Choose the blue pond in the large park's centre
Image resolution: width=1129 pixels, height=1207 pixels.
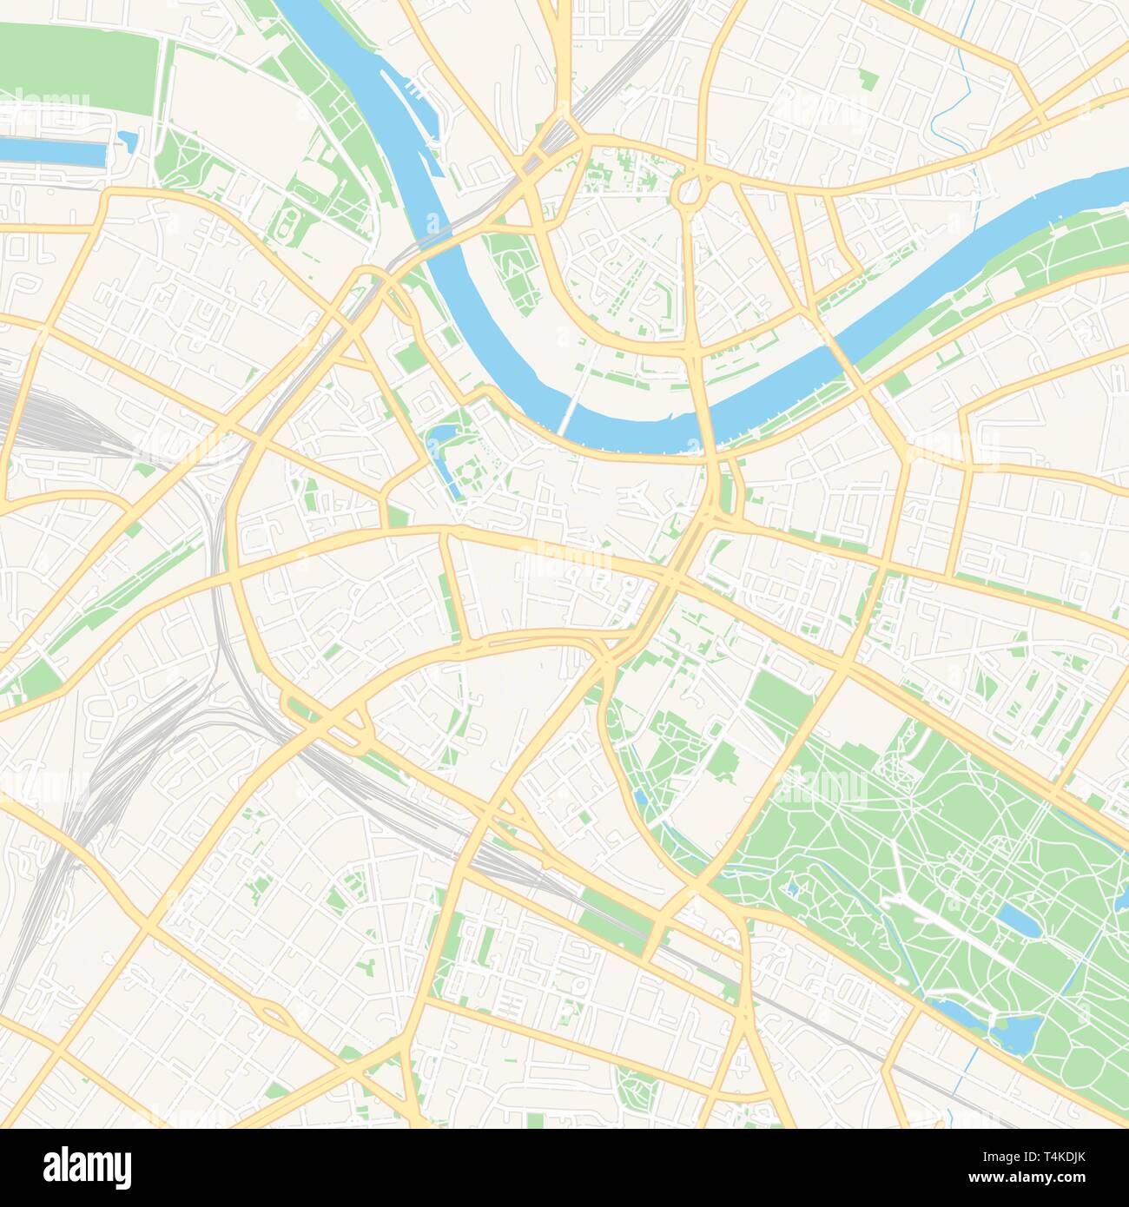pos(1017,920)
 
